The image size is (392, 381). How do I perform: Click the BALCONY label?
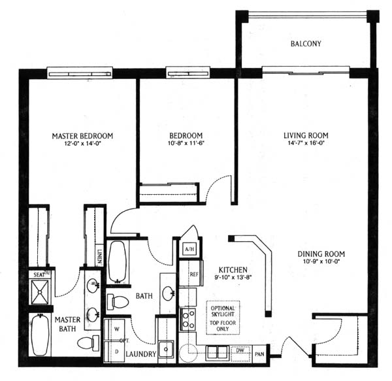tap(306, 44)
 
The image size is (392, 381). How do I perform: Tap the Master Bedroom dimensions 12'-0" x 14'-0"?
tap(82, 144)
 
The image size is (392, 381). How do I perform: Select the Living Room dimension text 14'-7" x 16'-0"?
tap(306, 143)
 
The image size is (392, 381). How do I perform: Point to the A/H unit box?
tap(189, 249)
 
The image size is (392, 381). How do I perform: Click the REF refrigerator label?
tap(194, 274)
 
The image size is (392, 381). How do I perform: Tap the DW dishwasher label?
tap(240, 350)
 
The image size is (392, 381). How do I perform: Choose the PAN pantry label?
tap(259, 354)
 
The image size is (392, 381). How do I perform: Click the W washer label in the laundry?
tap(117, 329)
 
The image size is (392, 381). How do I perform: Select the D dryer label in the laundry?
tap(116, 352)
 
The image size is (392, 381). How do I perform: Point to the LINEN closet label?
tap(100, 256)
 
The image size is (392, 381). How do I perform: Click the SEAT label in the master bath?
tap(39, 274)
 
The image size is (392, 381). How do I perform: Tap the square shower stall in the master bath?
tap(40, 292)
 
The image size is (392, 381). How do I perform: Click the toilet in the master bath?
tap(88, 342)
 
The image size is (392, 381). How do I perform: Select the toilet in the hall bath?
tap(118, 302)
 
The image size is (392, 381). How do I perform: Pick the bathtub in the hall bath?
tap(117, 262)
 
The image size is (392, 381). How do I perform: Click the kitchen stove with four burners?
tap(188, 320)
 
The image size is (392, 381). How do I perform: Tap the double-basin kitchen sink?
tap(218, 353)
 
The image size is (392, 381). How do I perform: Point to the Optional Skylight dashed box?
tap(223, 318)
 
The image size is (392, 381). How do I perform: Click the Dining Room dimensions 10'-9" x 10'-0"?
tap(321, 262)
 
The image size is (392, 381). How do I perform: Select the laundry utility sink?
tap(166, 349)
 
